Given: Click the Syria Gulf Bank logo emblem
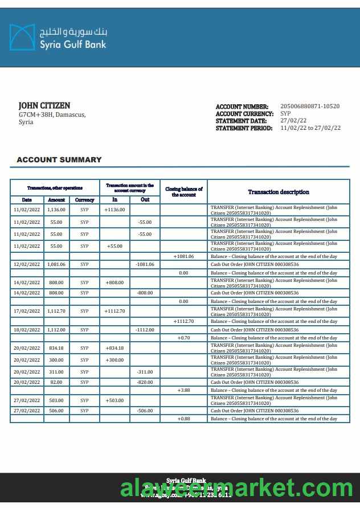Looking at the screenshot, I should click(x=22, y=37).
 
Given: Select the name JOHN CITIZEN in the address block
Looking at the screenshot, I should click(x=44, y=106).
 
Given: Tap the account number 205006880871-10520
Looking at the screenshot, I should click(x=310, y=106).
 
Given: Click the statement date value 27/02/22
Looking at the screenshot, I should click(x=293, y=121).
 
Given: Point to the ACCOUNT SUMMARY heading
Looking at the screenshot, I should click(x=59, y=160).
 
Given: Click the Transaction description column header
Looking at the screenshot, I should click(x=279, y=192).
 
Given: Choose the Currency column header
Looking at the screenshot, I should click(x=84, y=200).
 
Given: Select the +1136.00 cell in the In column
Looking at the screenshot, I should click(x=114, y=210).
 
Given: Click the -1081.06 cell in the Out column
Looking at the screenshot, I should click(x=145, y=265).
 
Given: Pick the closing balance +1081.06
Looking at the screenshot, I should click(x=184, y=256).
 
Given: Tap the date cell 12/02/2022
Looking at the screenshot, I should click(x=27, y=265).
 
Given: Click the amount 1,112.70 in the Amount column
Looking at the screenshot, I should click(x=56, y=312).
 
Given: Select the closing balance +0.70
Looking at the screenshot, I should click(x=183, y=338).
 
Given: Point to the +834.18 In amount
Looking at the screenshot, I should click(x=114, y=348).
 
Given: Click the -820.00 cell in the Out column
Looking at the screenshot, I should click(x=145, y=382).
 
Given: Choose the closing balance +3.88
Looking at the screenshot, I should click(x=183, y=391).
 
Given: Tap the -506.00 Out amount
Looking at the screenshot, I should click(x=145, y=411).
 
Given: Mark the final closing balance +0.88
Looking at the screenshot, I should click(x=183, y=419).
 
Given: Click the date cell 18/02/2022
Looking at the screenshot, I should click(x=27, y=330).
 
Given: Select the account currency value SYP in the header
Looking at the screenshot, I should click(x=286, y=114).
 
